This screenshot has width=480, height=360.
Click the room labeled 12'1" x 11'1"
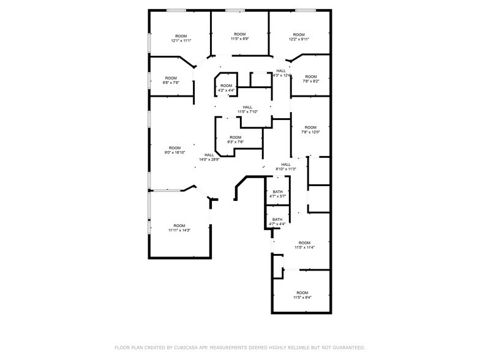pos(181,38)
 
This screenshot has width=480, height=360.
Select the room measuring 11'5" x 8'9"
pos(239,36)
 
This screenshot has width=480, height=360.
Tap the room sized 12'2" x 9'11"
pos(299,37)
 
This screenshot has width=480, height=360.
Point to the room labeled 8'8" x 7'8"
pos(171,80)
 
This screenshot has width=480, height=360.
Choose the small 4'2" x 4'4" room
pos(227,88)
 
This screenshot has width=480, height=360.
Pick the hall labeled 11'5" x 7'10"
pos(247,109)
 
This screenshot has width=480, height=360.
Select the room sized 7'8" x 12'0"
pos(310,129)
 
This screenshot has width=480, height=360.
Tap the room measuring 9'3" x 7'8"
pos(236,140)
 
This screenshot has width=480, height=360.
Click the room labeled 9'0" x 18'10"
pos(175,150)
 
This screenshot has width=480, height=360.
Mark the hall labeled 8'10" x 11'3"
pos(286,167)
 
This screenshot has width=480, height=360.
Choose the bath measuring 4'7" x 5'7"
pos(277,195)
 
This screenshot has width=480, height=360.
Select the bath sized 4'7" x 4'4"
pos(277,222)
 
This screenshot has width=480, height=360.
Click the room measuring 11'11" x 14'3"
pos(179,228)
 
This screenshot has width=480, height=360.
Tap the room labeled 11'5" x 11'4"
pos(304,245)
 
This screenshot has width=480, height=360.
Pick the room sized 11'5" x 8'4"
pos(302,295)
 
